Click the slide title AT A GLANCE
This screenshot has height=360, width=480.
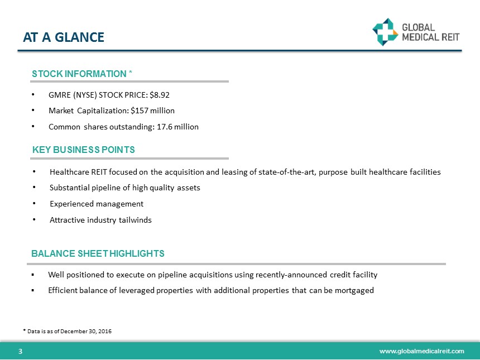(64, 37)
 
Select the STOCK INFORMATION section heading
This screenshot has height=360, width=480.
(82, 74)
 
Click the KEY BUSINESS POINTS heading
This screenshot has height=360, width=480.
(83, 150)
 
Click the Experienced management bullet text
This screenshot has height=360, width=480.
(97, 204)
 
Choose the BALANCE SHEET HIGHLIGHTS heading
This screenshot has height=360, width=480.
(98, 253)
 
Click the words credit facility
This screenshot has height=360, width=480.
(354, 275)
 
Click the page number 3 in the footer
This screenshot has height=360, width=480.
(20, 351)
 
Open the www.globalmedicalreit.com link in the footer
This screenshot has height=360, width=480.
(421, 351)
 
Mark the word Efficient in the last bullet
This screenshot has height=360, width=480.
(63, 290)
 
